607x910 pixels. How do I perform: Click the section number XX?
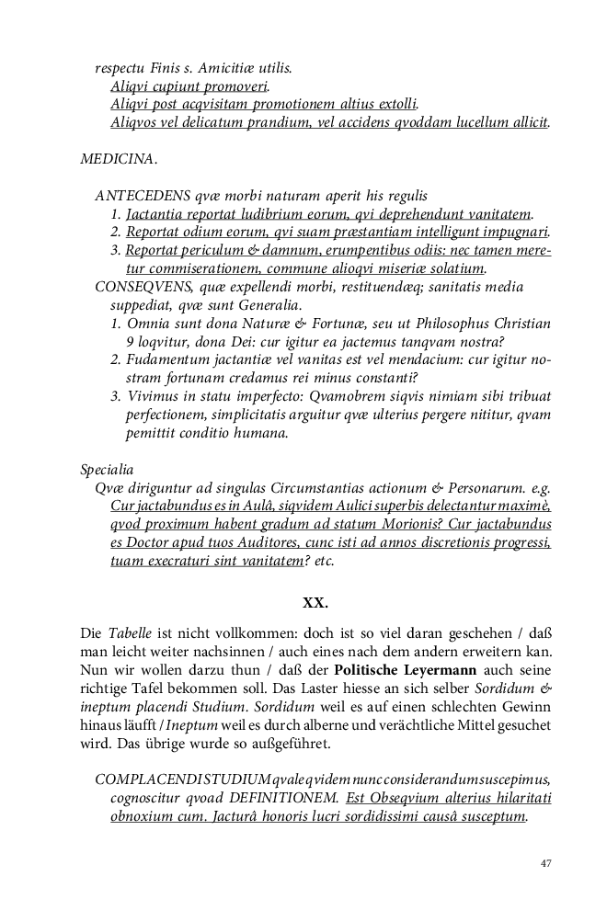(x=315, y=604)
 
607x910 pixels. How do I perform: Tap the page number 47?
(x=545, y=863)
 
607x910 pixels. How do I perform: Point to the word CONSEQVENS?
(x=145, y=286)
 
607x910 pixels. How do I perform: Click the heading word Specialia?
(x=108, y=470)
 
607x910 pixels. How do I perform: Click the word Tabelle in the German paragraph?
(x=132, y=634)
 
